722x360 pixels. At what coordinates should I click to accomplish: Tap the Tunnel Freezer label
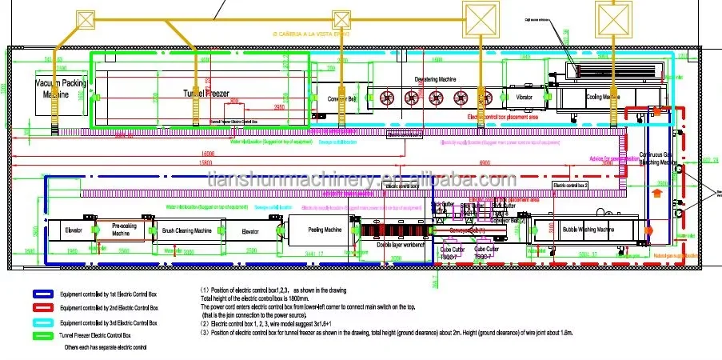point(205,94)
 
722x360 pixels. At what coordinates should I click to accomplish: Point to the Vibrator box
point(524,97)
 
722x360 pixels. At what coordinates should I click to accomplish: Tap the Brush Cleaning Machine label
point(186,230)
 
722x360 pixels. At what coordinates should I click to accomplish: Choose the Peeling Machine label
point(325,230)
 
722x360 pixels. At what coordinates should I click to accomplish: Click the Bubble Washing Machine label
point(588,230)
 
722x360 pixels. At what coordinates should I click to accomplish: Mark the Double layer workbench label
point(403,245)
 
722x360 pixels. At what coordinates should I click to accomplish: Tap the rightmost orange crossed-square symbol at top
point(612,15)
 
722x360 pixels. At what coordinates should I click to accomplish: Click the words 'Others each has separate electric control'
point(107,349)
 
